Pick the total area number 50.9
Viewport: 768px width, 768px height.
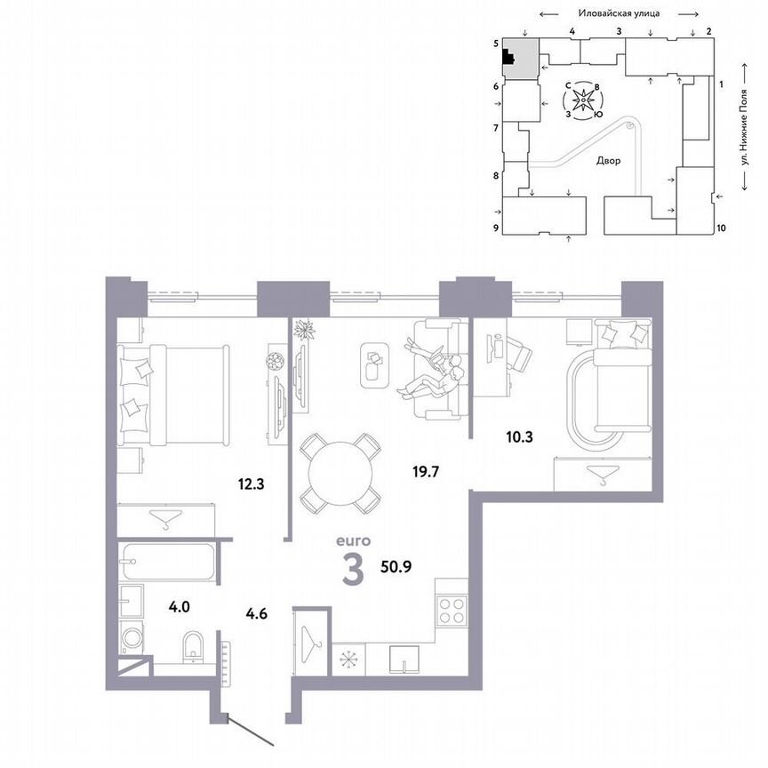(x=398, y=564)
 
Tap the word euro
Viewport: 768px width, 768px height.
(x=352, y=540)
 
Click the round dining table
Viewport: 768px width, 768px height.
(x=337, y=471)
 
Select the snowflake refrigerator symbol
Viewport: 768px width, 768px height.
(x=345, y=661)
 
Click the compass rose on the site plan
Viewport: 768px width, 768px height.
(x=582, y=101)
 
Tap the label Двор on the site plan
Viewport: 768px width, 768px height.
(x=608, y=161)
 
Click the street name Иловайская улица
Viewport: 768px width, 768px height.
(x=618, y=14)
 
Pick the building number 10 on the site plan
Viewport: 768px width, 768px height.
(x=721, y=228)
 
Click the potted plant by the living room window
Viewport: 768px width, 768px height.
(x=305, y=329)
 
